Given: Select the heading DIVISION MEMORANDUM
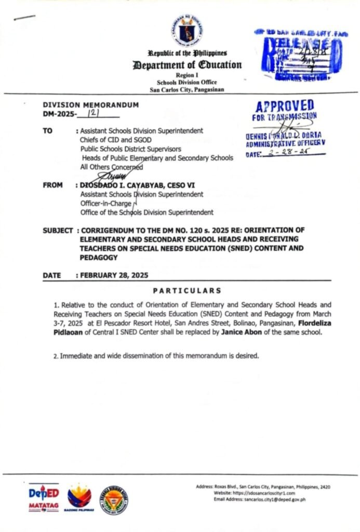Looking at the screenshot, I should click(x=90, y=105).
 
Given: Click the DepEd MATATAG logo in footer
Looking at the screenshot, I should click(x=44, y=498).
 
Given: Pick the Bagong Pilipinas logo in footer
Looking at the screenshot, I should click(x=79, y=499).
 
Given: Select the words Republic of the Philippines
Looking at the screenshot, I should click(x=187, y=53).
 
